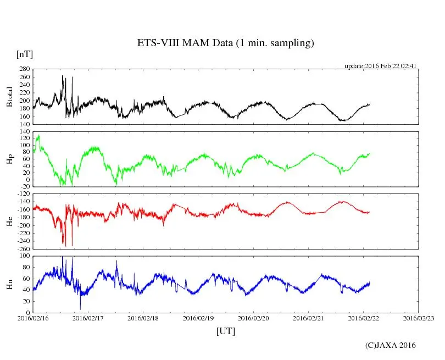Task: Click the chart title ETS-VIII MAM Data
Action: point(225,43)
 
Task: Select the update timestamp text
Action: point(380,65)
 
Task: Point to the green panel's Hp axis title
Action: point(9,159)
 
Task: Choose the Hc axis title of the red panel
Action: point(9,221)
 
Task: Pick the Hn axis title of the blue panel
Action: point(9,284)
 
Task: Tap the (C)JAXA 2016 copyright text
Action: point(391,345)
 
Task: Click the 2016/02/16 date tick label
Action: point(33,318)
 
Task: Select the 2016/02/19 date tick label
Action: point(198,318)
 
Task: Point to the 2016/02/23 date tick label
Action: point(419,318)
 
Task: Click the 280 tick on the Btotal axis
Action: point(24,69)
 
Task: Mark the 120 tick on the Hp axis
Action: point(24,139)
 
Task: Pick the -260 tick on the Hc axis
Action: point(23,248)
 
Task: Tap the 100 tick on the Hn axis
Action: point(24,256)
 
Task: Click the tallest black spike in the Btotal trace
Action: point(63,76)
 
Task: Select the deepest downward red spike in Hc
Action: point(72,245)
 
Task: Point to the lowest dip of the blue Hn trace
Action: point(80,309)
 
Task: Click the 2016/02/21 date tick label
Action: point(308,318)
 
